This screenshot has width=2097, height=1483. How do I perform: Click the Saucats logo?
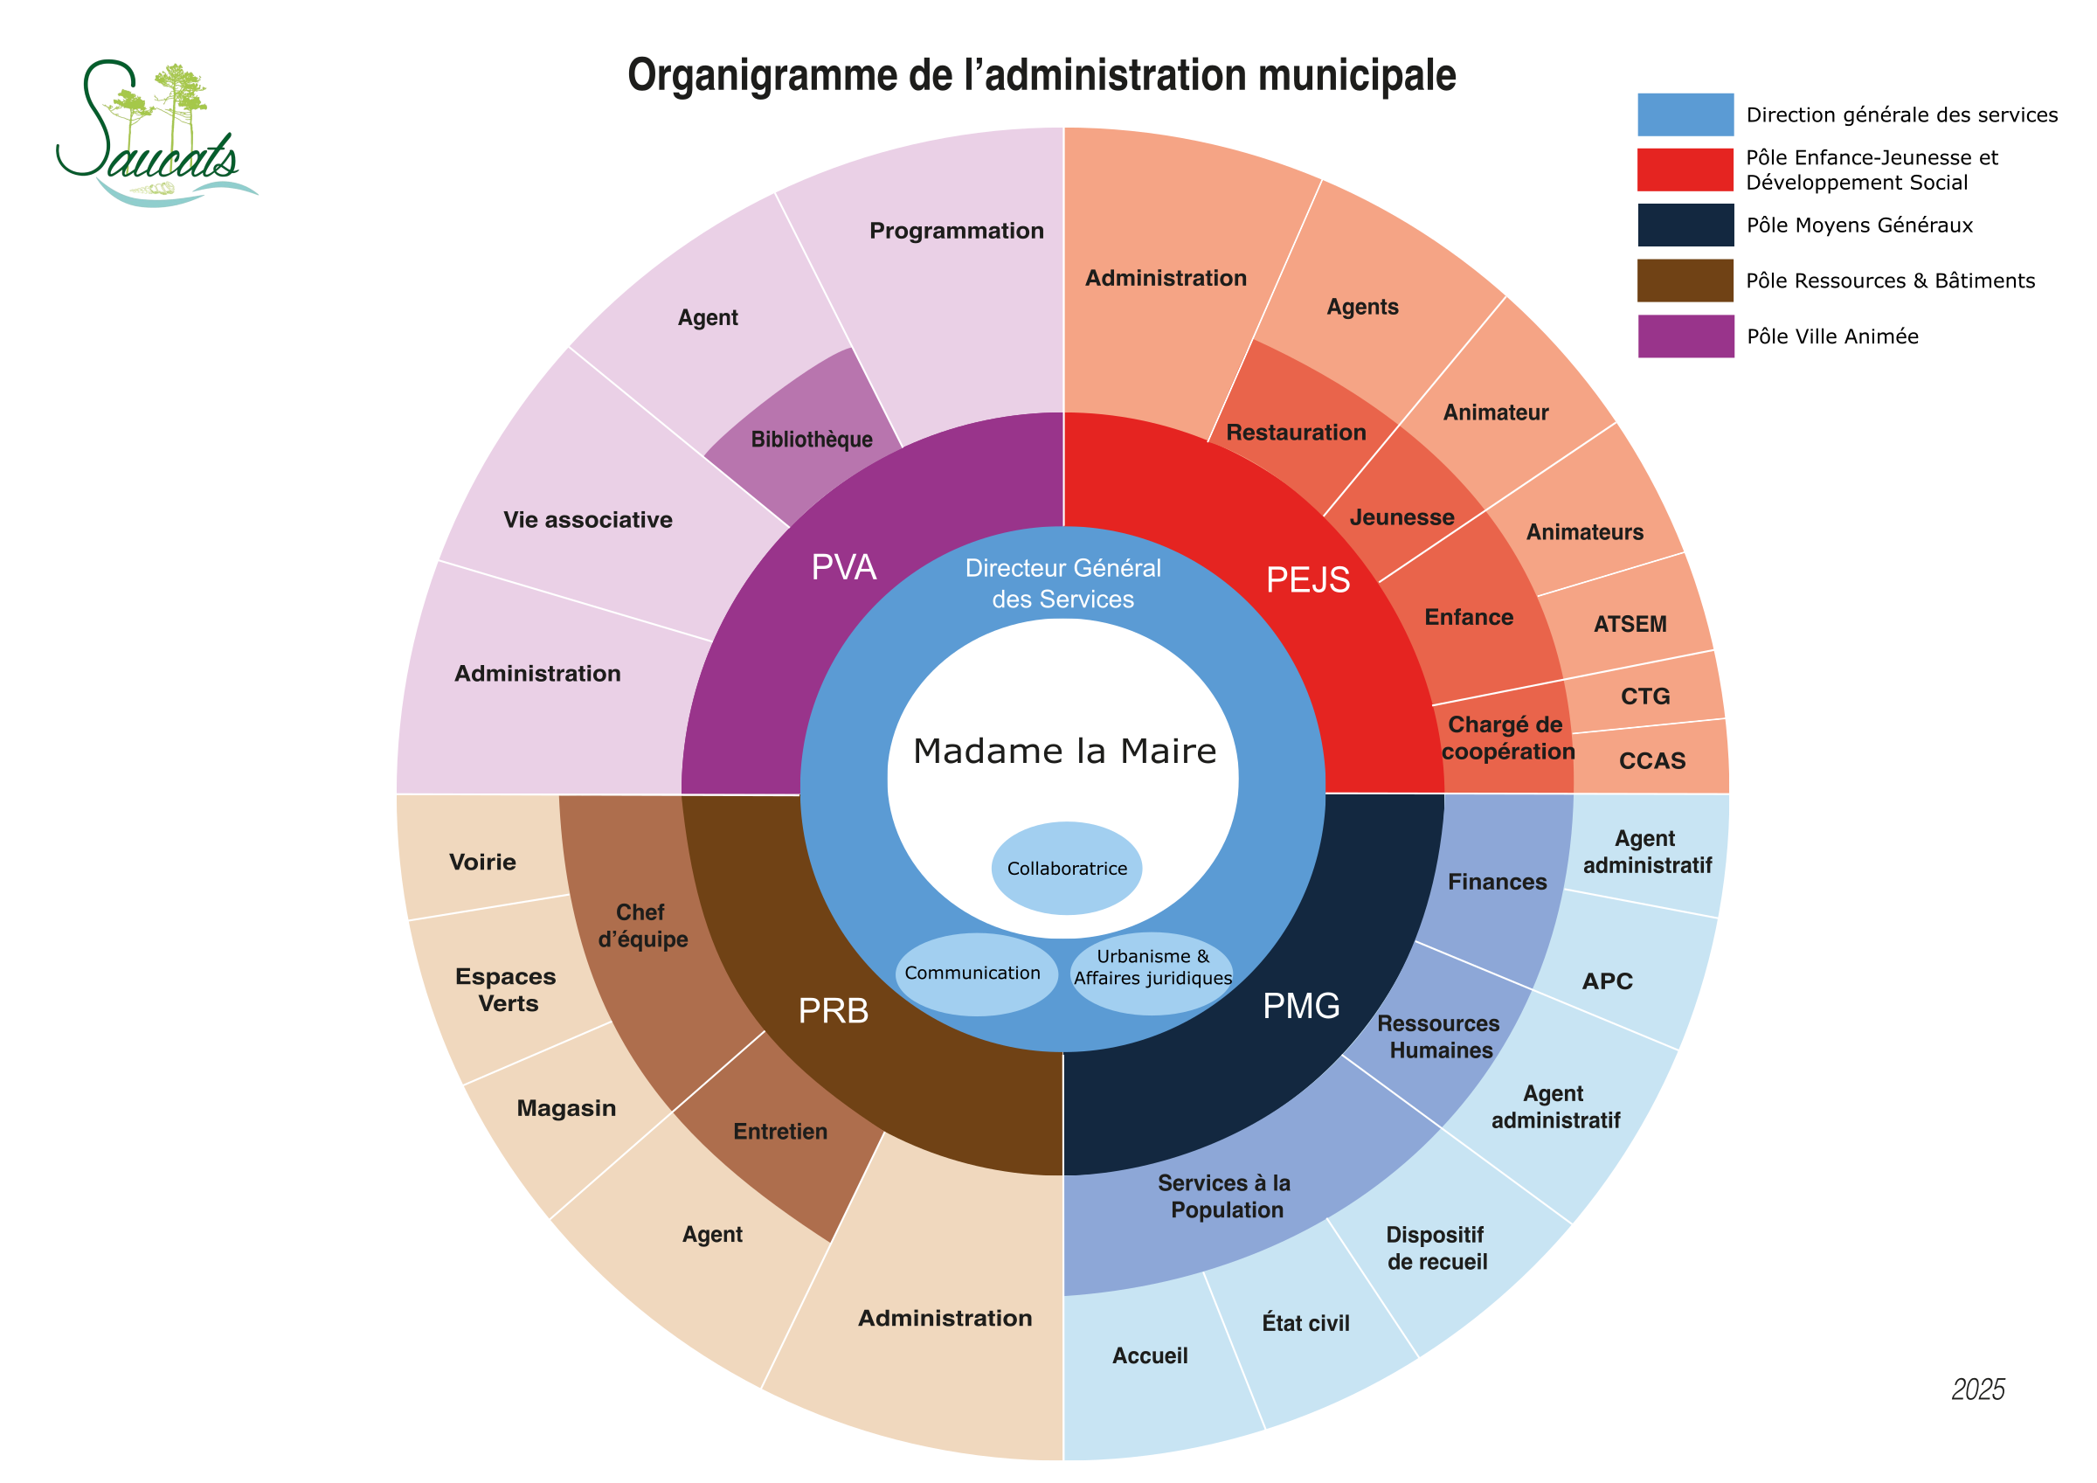point(156,135)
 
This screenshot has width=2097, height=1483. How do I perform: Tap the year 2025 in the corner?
point(1977,1389)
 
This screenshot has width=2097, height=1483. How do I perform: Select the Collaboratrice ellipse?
point(1066,868)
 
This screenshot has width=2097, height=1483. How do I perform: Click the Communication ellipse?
point(975,974)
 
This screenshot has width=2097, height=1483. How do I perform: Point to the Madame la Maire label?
point(1064,751)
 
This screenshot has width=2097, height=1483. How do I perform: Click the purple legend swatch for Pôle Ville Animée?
point(1685,336)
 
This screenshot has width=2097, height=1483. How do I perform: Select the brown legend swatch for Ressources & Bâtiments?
point(1685,281)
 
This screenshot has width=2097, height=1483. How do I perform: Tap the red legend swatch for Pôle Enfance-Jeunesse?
point(1685,170)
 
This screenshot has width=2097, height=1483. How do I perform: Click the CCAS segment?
point(1651,760)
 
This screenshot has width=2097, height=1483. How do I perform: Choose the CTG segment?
point(1645,696)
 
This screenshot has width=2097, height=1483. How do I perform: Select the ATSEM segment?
point(1630,624)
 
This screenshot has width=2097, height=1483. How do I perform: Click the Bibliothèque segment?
point(811,440)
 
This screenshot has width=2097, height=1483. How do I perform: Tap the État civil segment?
point(1305,1323)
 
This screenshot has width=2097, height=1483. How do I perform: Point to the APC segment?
point(1607,981)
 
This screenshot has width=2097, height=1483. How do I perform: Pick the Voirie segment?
point(482,862)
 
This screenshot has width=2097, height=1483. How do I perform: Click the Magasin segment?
point(566,1108)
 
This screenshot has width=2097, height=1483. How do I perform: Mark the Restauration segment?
point(1295,433)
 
